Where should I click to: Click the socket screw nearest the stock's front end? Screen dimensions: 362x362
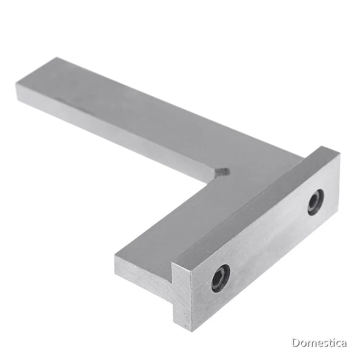click(221, 278)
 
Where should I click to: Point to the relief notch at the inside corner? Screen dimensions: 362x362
click(222, 173)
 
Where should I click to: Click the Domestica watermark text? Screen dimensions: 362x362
click(319, 343)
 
